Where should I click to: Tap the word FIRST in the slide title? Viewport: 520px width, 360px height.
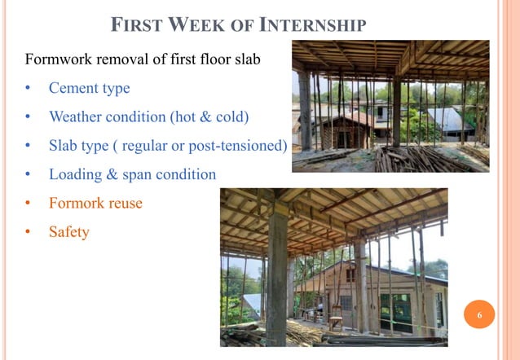click(139, 25)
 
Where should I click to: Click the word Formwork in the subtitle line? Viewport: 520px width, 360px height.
click(59, 60)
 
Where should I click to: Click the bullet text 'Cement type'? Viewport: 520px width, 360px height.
click(89, 88)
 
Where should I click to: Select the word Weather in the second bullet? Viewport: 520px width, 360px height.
click(76, 116)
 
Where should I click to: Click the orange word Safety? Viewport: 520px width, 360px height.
click(68, 232)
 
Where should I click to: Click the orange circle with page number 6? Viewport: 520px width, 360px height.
click(479, 314)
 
